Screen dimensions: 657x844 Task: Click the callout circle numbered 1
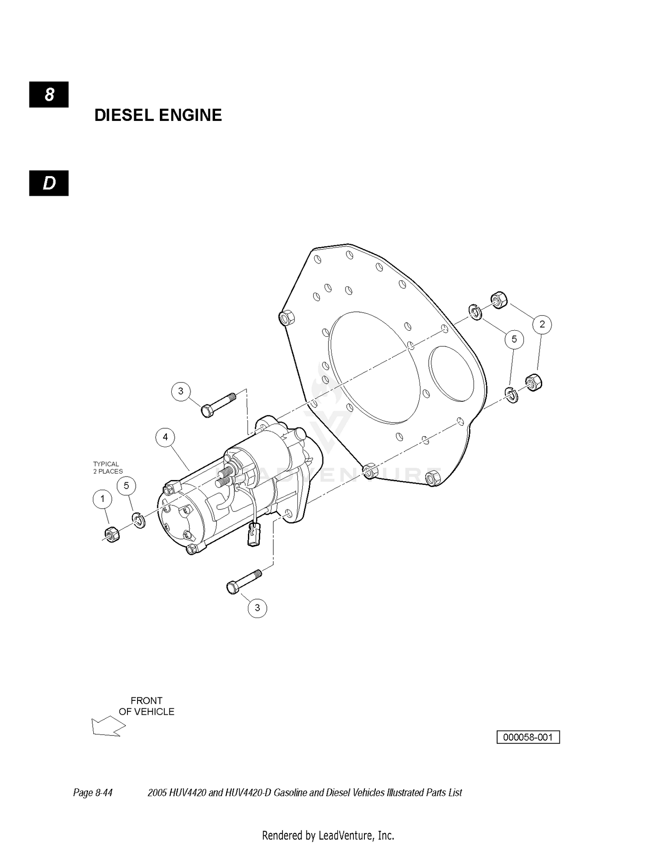pyautogui.click(x=102, y=499)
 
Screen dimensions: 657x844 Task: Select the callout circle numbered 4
pyautogui.click(x=165, y=437)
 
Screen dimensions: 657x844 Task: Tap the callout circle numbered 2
pyautogui.click(x=542, y=325)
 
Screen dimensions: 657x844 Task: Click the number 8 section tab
pyautogui.click(x=49, y=95)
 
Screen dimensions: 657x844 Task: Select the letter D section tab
pyautogui.click(x=49, y=183)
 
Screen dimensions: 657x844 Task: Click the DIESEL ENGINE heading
pyautogui.click(x=158, y=115)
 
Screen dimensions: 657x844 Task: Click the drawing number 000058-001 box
pyautogui.click(x=528, y=737)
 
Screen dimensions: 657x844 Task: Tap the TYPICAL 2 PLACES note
pyautogui.click(x=108, y=468)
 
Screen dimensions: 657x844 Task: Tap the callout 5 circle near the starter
pyautogui.click(x=126, y=486)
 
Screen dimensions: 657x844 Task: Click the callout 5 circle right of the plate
pyautogui.click(x=514, y=339)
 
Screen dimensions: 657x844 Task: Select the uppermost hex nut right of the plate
pyautogui.click(x=499, y=299)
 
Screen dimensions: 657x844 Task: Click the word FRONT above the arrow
pyautogui.click(x=146, y=701)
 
